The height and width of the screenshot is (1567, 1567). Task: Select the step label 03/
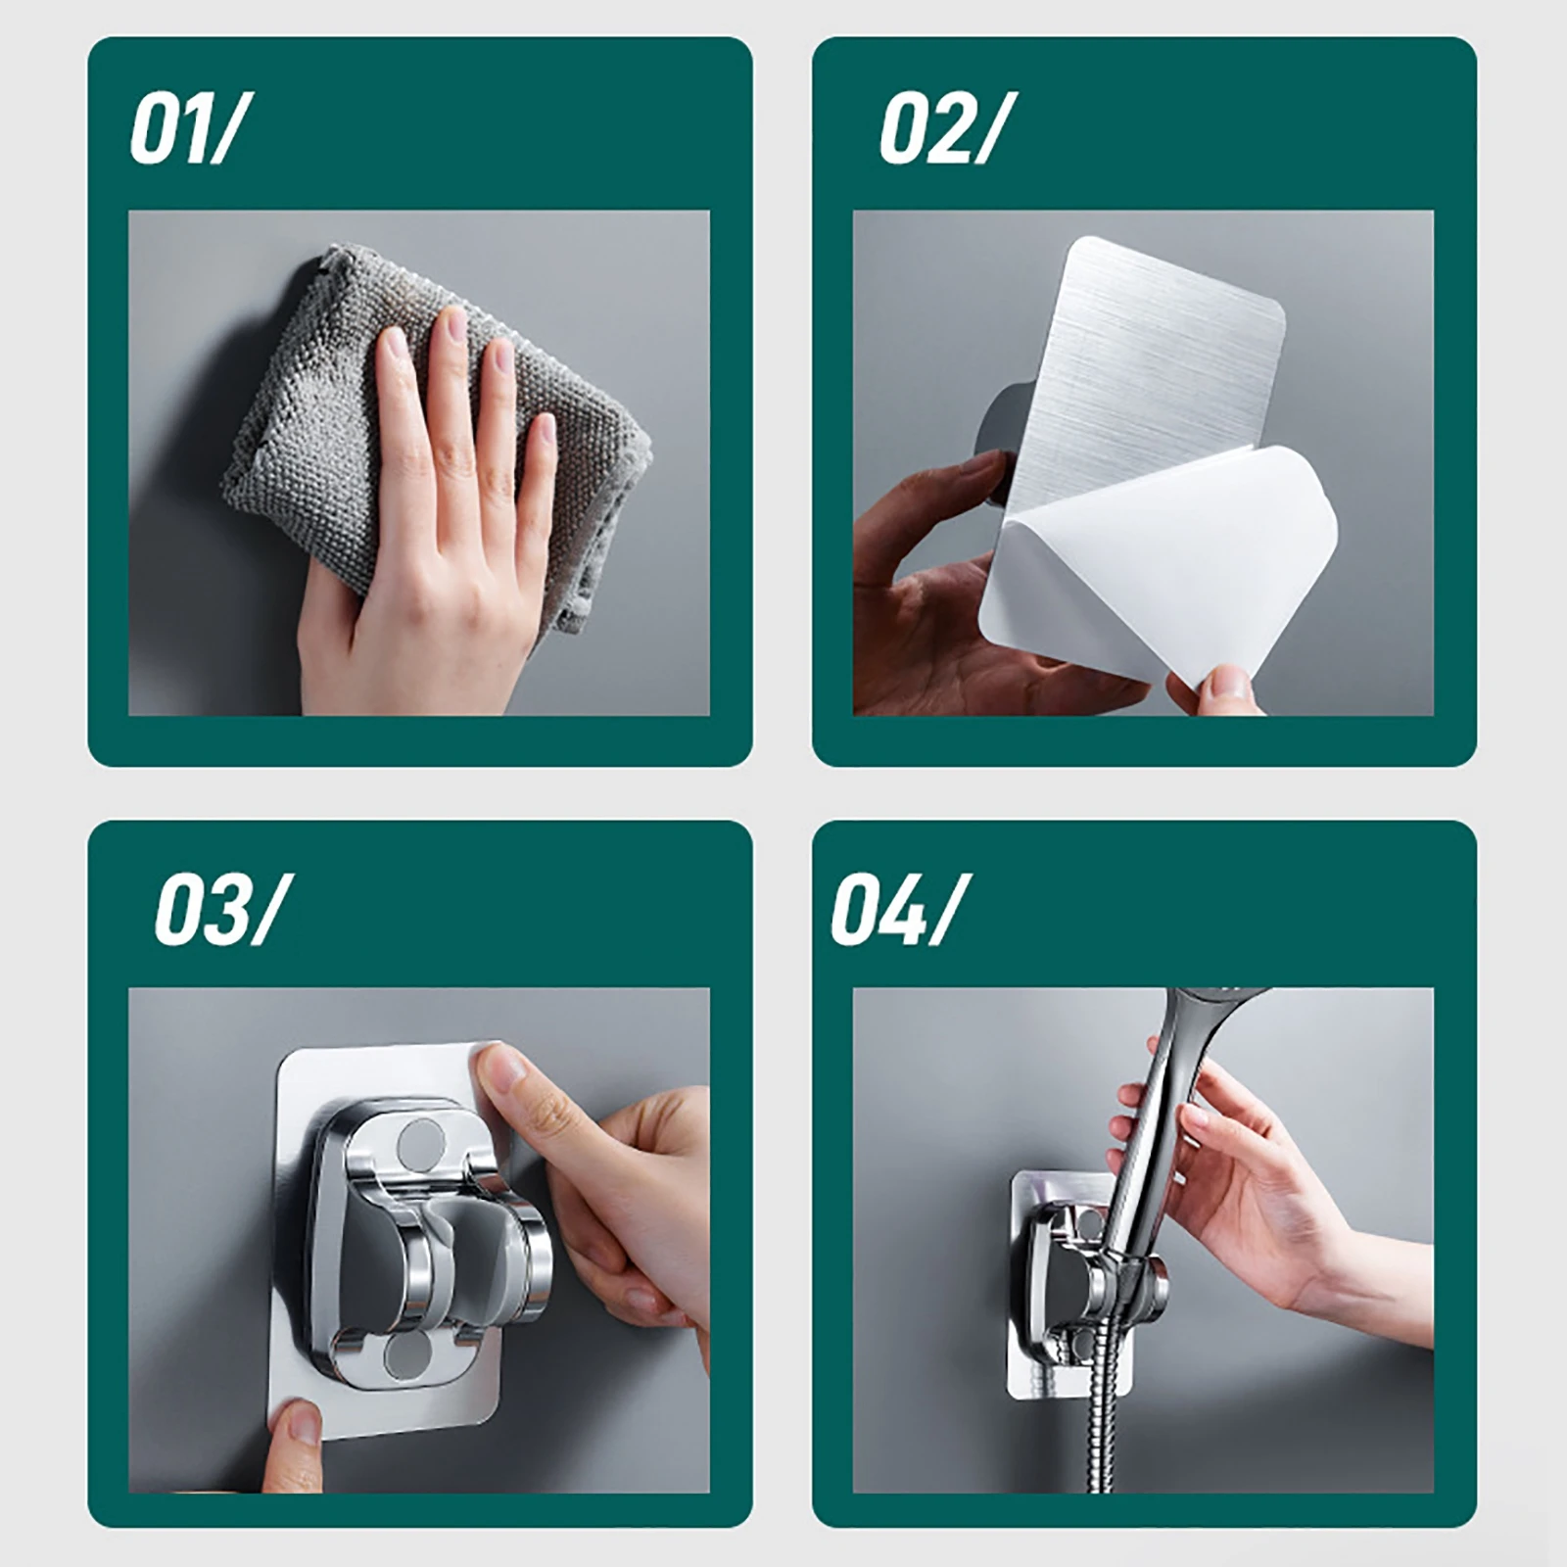click(214, 912)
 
